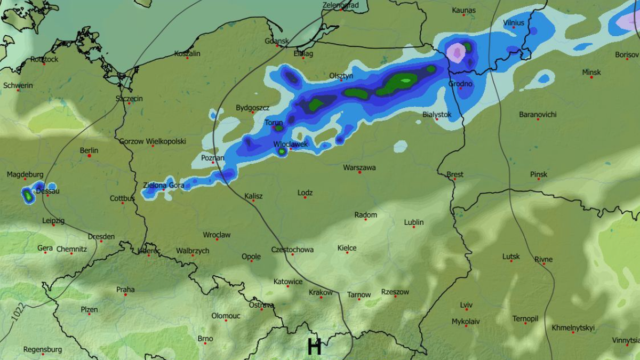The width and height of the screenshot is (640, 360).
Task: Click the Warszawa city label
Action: pos(359,167)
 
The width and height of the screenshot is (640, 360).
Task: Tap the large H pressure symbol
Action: pos(314,347)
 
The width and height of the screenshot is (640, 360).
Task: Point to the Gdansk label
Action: pos(277,41)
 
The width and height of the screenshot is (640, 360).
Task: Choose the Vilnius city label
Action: pos(514,22)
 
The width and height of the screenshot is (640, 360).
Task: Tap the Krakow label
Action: pos(321,292)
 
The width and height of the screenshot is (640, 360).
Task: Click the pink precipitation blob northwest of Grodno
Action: pos(456,52)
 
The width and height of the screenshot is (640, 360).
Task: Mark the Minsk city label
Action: pos(591,72)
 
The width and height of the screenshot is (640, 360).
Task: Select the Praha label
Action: pos(125,290)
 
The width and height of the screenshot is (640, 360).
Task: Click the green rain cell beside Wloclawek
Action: pos(282,152)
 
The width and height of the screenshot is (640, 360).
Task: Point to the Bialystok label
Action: pos(437,114)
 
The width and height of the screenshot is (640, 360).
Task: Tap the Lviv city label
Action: pos(466,305)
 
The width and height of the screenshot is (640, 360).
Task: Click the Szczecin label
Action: pos(129,99)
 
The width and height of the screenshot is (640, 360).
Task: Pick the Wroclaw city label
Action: pos(217,235)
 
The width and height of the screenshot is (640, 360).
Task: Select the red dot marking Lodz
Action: pos(305,198)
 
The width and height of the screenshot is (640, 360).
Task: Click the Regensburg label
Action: pos(43,350)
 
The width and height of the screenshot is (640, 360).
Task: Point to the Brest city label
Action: pos(455,174)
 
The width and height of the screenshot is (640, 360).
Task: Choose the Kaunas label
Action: pos(463,10)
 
